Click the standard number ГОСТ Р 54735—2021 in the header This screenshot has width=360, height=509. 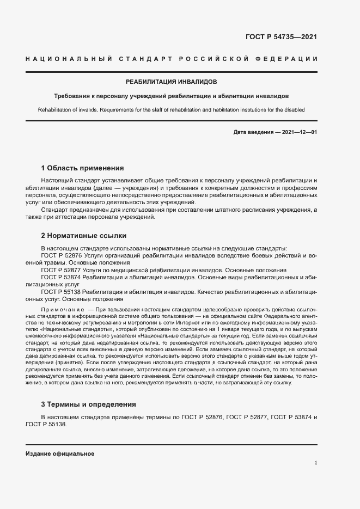(x=282, y=37)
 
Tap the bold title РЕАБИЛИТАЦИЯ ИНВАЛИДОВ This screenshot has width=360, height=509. (x=171, y=82)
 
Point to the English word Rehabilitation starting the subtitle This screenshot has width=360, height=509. (x=56, y=109)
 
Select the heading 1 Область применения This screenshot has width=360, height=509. (x=82, y=168)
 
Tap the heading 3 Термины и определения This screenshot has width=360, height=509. (x=89, y=404)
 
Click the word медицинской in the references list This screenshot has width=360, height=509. (x=138, y=270)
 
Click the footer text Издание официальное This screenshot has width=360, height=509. (x=60, y=453)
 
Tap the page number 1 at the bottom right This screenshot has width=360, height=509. (x=315, y=463)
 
